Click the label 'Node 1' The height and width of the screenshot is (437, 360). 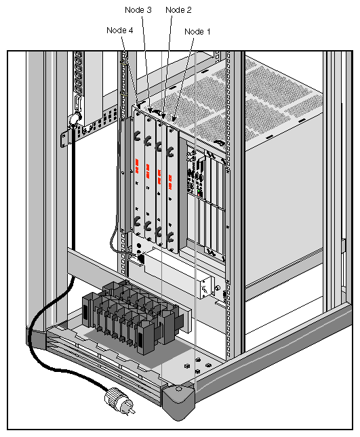click(198, 31)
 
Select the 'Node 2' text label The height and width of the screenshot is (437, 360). click(178, 9)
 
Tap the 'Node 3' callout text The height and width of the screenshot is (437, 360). click(139, 9)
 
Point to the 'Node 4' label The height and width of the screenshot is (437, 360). click(120, 30)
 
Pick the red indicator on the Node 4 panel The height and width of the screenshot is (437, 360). click(137, 164)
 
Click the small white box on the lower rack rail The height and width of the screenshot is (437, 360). click(204, 288)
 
